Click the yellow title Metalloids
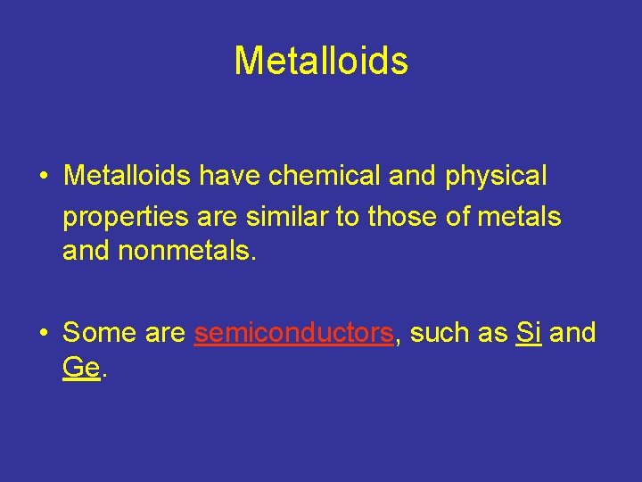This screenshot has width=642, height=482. (321, 61)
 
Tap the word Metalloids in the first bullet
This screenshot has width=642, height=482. (127, 176)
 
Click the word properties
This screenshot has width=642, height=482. (126, 216)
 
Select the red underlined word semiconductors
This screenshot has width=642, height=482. (293, 333)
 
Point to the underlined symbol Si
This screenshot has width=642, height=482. (529, 333)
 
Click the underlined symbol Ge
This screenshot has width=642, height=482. (81, 368)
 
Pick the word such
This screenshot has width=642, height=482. (434, 333)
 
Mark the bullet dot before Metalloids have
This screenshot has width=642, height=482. (44, 177)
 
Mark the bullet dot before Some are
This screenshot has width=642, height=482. (44, 334)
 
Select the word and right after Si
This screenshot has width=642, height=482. (572, 333)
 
